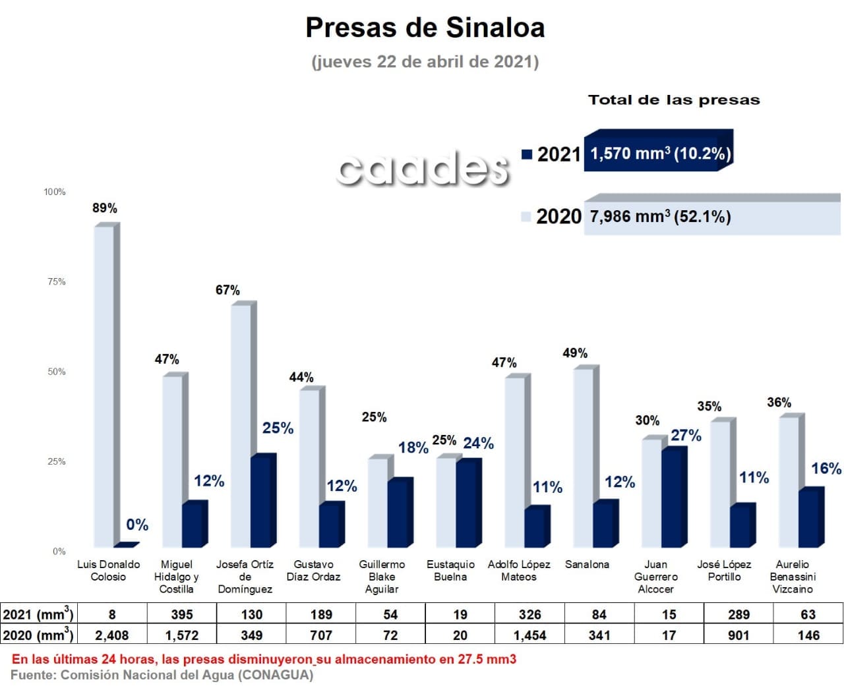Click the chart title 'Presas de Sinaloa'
point(425,28)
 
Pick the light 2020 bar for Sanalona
point(583,457)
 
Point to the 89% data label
point(105,208)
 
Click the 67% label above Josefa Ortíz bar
point(227,290)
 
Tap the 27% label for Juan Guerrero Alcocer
point(686,436)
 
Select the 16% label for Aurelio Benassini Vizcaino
point(826,469)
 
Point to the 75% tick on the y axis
point(57,282)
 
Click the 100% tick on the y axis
point(55,192)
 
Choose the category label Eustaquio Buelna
point(450,571)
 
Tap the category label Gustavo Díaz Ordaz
point(313,571)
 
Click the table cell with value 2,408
point(112,635)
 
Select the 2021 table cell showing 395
point(182,615)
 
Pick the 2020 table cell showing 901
point(738,635)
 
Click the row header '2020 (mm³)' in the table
point(38,635)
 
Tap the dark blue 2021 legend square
point(526,154)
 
